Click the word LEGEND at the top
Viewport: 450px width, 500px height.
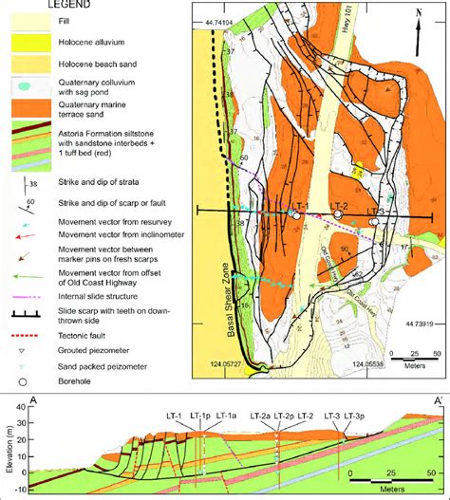tap(48, 6)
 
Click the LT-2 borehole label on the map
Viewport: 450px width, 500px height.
tap(341, 207)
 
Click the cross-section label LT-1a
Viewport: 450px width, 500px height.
tap(225, 416)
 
